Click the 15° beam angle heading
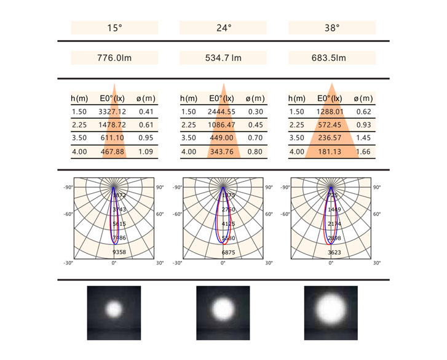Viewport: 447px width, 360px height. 114,28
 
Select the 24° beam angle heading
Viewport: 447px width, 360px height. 223,28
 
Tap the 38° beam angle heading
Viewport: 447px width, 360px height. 333,28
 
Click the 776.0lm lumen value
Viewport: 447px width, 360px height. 114,58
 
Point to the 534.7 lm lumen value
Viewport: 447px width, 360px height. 223,58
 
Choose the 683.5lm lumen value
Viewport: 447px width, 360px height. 333,58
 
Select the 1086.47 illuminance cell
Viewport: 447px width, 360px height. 221,125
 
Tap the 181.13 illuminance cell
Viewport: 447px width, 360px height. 330,151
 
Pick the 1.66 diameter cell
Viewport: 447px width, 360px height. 364,151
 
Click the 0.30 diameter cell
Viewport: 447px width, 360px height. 255,112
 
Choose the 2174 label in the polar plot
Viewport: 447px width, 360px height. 335,224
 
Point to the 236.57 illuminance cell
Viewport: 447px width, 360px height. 330,138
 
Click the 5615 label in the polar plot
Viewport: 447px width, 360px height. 119,224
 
